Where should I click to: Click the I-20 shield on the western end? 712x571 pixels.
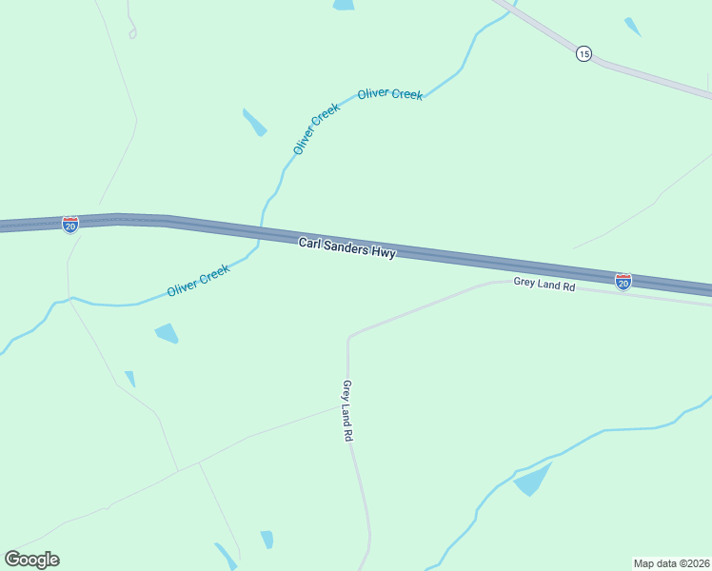[x=70, y=225]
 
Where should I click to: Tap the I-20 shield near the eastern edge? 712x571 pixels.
[x=623, y=282]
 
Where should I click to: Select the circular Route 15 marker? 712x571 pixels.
[x=583, y=54]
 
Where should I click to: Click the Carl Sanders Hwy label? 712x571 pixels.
[x=346, y=248]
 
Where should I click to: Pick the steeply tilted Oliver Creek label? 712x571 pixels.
[x=316, y=128]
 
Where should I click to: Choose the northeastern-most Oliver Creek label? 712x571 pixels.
[x=389, y=94]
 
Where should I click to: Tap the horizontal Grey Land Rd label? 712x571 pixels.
[x=544, y=284]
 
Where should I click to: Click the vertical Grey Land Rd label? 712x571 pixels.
[x=347, y=410]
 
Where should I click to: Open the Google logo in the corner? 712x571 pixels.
[x=31, y=560]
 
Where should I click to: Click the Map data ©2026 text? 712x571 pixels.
[x=671, y=563]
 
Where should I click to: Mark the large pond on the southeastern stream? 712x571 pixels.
[x=534, y=480]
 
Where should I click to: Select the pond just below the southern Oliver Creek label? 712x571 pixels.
[x=167, y=333]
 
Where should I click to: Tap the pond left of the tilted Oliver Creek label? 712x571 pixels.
[x=254, y=122]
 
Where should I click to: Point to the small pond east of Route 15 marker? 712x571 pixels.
[x=632, y=26]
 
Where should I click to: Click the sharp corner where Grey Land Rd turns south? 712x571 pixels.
[x=349, y=338]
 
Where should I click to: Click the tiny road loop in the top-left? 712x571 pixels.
[x=132, y=33]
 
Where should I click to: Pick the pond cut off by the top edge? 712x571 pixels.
[x=343, y=5]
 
